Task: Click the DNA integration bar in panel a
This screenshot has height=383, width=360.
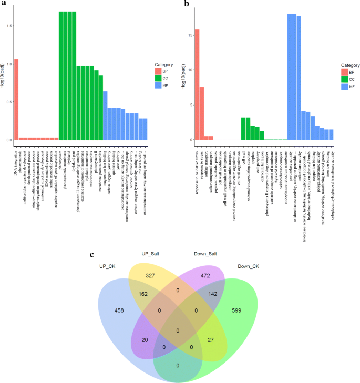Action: pyautogui.click(x=16, y=100)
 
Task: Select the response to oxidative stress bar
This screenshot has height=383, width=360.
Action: pyautogui.click(x=197, y=85)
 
